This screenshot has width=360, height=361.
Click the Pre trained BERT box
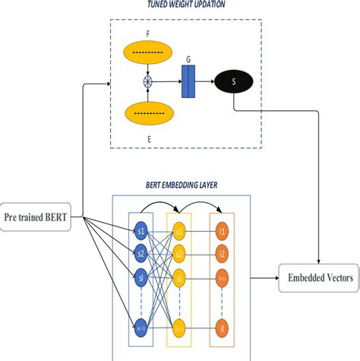click(x=38, y=217)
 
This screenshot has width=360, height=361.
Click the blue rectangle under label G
click(x=188, y=81)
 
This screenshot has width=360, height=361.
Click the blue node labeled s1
click(x=141, y=230)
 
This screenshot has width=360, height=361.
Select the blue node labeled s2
click(x=141, y=252)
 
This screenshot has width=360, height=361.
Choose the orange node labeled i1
click(x=222, y=230)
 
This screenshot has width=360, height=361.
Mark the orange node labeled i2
click(x=222, y=252)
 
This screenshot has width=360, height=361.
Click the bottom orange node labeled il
click(x=222, y=329)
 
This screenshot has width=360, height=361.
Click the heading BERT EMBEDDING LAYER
click(x=179, y=185)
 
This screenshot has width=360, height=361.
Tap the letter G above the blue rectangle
click(x=188, y=57)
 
